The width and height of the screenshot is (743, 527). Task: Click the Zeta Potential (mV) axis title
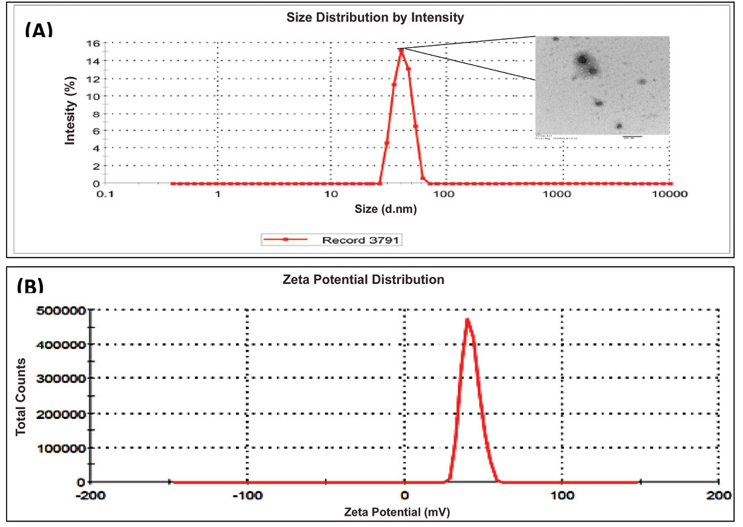(x=400, y=512)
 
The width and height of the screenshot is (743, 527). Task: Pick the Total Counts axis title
(x=21, y=396)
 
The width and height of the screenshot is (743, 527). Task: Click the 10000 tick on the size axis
(x=669, y=195)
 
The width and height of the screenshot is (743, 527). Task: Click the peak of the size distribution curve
(x=402, y=50)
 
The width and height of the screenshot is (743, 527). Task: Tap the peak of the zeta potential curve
(x=468, y=320)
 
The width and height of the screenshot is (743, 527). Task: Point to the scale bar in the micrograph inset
(x=632, y=137)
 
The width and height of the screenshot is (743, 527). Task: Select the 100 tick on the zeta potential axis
(x=563, y=496)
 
